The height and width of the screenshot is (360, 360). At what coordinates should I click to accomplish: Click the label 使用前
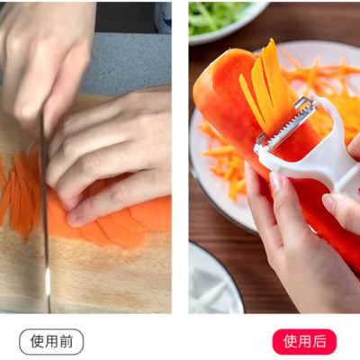[51, 341]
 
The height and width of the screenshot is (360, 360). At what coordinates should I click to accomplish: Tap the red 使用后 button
[303, 341]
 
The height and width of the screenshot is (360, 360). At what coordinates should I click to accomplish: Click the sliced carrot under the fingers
[108, 225]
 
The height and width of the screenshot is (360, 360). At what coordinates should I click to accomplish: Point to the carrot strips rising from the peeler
[265, 81]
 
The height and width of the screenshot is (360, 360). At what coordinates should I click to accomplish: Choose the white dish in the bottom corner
[211, 283]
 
